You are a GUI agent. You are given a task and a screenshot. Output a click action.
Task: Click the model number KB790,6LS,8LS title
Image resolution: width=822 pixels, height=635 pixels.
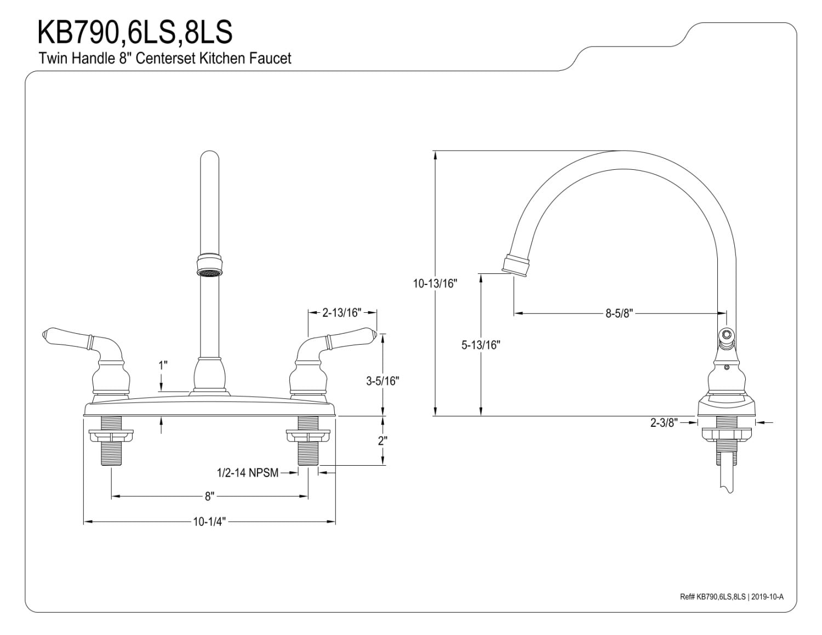coord(135,32)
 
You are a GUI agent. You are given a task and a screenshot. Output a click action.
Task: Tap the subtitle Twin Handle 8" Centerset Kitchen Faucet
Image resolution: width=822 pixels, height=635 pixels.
coord(165,59)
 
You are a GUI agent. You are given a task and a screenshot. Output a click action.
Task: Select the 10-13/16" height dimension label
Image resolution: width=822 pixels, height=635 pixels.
coord(435,283)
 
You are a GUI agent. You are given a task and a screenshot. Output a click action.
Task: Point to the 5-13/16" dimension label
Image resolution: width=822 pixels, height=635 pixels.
coord(481,345)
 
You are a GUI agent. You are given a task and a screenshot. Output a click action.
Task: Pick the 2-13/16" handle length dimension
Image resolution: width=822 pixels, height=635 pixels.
coord(341,312)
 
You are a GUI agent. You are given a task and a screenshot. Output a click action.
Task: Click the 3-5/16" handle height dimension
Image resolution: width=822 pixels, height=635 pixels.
coord(383,381)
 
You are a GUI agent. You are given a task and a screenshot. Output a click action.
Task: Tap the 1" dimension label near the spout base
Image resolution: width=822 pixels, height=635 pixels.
coord(163,365)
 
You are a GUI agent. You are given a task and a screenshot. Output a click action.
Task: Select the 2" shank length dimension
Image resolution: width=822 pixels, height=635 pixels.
coord(383,441)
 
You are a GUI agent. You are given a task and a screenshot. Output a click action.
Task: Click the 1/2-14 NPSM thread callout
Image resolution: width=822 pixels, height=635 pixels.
coord(248,472)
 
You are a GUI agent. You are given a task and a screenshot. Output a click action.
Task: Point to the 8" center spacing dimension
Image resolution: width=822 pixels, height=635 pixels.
coord(209,496)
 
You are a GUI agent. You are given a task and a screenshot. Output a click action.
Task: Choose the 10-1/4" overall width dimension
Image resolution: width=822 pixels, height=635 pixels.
coord(209,522)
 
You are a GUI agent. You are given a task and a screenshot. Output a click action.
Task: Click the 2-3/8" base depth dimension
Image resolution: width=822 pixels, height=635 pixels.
coord(664,422)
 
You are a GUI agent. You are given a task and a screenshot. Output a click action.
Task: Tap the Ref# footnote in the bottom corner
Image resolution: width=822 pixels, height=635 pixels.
coord(731,597)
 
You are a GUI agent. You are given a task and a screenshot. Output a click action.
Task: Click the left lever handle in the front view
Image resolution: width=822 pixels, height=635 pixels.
coord(71,340)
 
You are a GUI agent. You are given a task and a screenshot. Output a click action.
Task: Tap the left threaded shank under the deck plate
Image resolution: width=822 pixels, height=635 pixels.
coord(112,444)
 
